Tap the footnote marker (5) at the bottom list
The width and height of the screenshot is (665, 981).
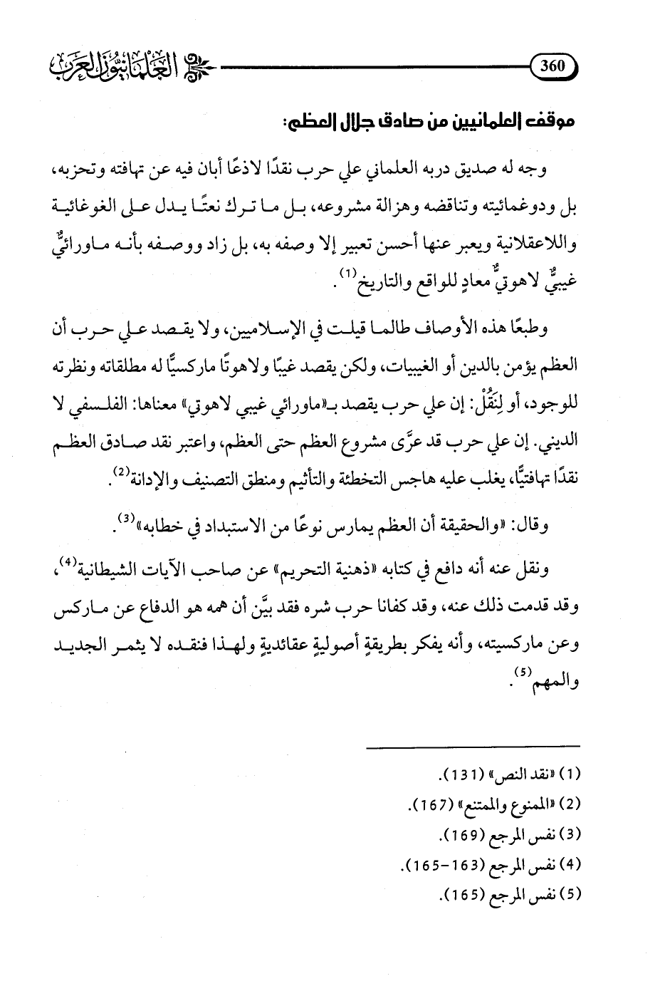point(572,893)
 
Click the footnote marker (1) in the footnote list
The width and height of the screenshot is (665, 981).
point(572,775)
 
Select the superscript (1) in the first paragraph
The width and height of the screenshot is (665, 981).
point(344,274)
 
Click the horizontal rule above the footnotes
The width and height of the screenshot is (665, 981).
point(473,746)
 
